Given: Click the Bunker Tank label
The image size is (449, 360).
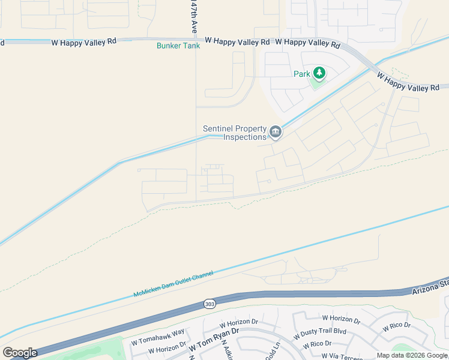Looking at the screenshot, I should (x=178, y=46).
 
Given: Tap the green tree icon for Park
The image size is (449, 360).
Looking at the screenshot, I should (x=319, y=74).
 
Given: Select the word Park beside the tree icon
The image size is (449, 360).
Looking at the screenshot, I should (x=301, y=74).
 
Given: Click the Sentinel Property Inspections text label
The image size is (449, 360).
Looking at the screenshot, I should (x=234, y=133).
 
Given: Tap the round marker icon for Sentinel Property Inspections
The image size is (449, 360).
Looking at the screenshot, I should (x=276, y=132).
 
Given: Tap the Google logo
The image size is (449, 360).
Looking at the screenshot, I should (x=19, y=353).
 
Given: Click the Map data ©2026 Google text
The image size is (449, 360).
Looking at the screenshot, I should (x=412, y=356).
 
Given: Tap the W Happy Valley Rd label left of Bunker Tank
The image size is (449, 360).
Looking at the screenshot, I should (x=82, y=43).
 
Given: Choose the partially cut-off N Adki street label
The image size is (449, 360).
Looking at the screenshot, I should (x=227, y=351).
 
